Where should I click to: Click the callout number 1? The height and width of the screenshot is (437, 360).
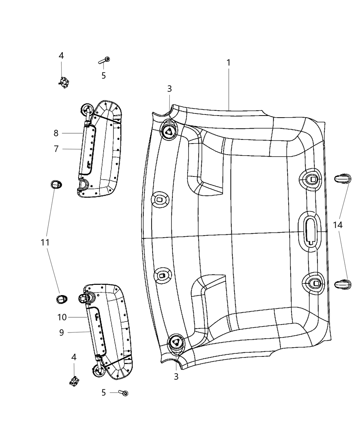pyautogui.click(x=228, y=63)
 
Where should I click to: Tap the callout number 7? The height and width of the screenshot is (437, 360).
pyautogui.click(x=56, y=149)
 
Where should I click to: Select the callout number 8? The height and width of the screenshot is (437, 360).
pyautogui.click(x=56, y=133)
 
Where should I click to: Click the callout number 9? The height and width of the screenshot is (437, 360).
pyautogui.click(x=62, y=332)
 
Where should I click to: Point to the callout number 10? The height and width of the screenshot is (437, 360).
pyautogui.click(x=62, y=317)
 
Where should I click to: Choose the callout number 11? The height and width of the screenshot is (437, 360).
pyautogui.click(x=45, y=243)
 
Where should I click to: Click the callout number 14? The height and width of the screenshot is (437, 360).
pyautogui.click(x=338, y=225)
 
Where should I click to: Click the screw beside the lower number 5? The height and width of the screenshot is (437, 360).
pyautogui.click(x=123, y=393)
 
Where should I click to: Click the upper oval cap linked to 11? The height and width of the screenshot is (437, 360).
pyautogui.click(x=56, y=185)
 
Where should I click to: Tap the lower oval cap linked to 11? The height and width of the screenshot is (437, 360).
pyautogui.click(x=62, y=299)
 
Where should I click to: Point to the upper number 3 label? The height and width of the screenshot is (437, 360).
pyautogui.click(x=169, y=89)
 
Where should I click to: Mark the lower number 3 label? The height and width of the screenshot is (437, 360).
pyautogui.click(x=176, y=377)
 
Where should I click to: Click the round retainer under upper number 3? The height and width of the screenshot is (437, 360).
pyautogui.click(x=169, y=130)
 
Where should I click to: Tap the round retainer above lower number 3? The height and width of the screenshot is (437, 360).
pyautogui.click(x=176, y=342)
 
